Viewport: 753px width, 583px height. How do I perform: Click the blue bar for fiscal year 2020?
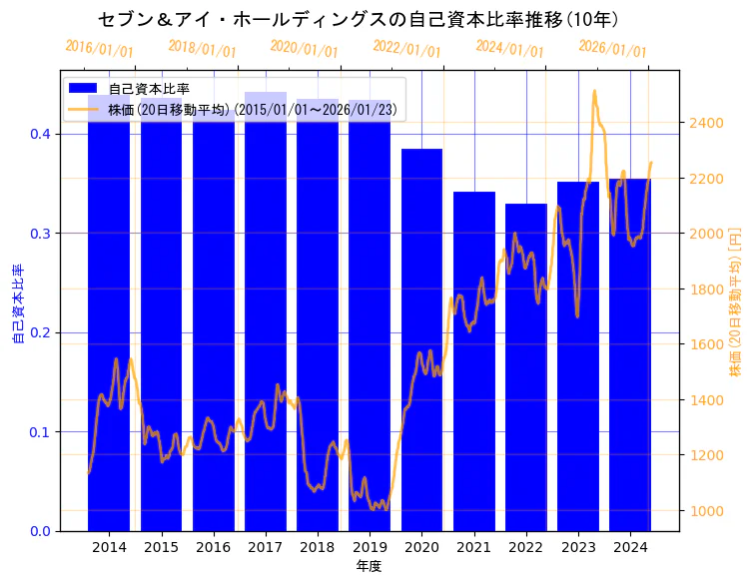click(421, 339)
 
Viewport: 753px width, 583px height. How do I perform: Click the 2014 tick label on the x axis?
click(109, 547)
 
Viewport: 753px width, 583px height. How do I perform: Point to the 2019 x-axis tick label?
click(370, 547)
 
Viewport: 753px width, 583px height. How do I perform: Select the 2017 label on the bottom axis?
click(266, 547)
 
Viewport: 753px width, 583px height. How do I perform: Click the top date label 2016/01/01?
click(99, 48)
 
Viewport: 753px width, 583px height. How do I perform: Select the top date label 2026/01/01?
click(612, 49)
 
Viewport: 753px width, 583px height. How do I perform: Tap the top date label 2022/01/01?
click(406, 48)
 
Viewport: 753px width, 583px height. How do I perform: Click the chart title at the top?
click(359, 19)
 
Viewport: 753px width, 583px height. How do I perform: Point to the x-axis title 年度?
click(370, 566)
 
